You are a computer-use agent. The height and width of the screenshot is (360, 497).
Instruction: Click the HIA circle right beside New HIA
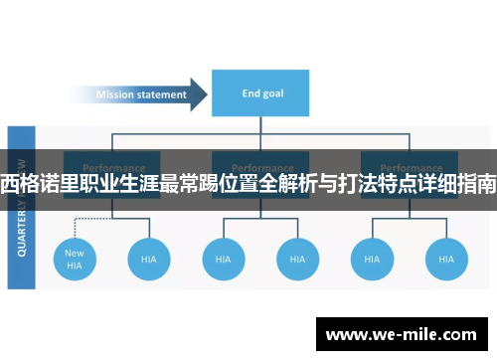pos(149,259)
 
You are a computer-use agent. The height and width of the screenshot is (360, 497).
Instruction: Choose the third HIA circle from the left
pos(224,259)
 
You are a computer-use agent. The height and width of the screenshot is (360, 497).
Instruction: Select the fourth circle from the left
pos(296,259)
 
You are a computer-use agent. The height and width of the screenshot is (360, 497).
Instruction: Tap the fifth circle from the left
pos(371,259)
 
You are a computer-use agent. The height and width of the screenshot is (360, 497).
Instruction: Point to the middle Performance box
pos(260,167)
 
